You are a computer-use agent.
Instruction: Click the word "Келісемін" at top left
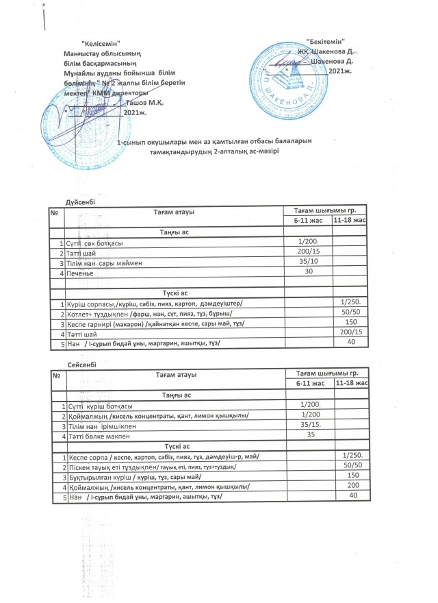pos(101,44)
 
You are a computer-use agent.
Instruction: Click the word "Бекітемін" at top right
pos(325,42)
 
